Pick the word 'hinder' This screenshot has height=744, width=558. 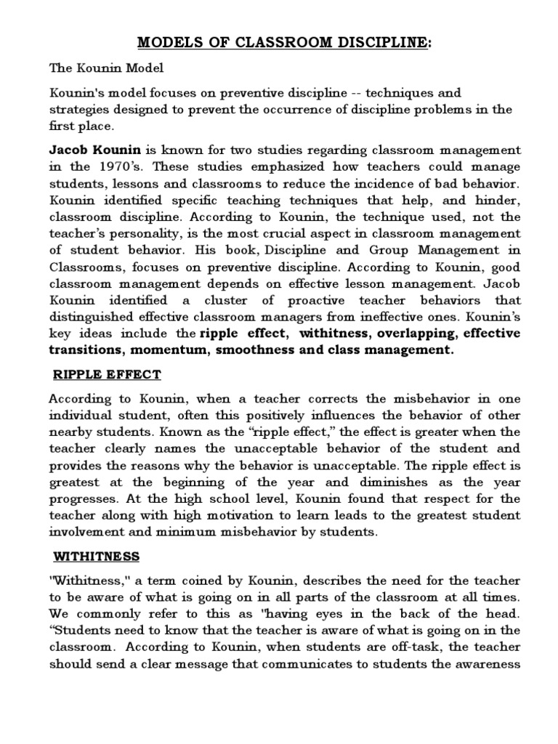tap(500, 200)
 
